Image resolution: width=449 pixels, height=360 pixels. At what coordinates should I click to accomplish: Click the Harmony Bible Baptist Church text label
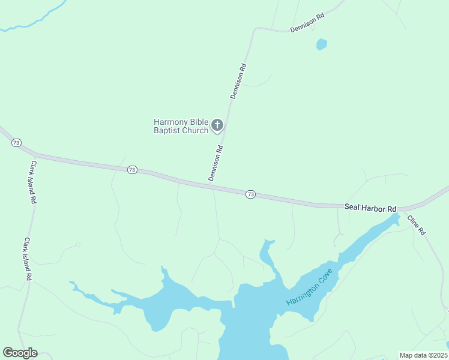click(x=181, y=126)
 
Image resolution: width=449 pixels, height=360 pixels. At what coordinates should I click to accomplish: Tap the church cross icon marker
click(x=217, y=126)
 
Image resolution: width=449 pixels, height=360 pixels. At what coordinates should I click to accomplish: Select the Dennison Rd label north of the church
click(x=239, y=81)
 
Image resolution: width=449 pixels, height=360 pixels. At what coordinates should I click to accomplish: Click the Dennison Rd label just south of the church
click(x=216, y=163)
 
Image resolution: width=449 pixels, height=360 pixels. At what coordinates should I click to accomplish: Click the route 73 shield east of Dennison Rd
click(x=251, y=194)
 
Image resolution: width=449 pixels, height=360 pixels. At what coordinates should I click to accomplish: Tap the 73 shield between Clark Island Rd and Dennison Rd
click(x=132, y=170)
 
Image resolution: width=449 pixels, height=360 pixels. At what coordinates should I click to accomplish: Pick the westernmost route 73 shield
click(x=16, y=143)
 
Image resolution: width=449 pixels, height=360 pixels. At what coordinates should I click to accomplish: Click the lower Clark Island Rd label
click(x=27, y=260)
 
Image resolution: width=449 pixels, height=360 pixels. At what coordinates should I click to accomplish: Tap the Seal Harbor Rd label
click(x=370, y=208)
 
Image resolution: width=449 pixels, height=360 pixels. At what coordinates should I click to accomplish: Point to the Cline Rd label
click(x=416, y=224)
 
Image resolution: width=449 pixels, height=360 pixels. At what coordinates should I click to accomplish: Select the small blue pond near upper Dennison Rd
click(x=322, y=44)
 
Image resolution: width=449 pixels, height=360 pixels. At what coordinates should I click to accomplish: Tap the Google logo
click(x=20, y=353)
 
